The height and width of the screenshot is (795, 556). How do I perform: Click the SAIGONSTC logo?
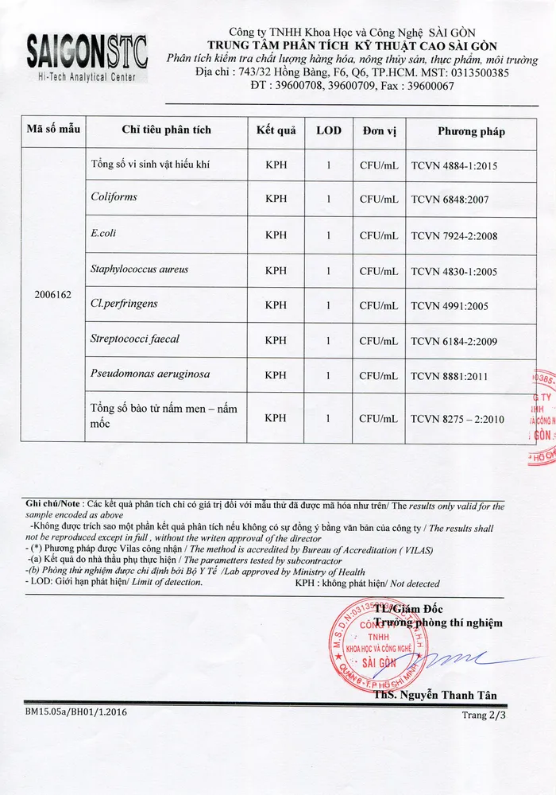(x=87, y=54)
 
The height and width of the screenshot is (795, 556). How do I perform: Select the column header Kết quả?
(x=276, y=130)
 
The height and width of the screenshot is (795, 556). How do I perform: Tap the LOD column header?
(x=329, y=130)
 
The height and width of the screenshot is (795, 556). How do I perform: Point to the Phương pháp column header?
(x=471, y=131)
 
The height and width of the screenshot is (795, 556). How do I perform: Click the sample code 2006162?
(x=54, y=295)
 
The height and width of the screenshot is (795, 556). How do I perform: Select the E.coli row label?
(x=104, y=234)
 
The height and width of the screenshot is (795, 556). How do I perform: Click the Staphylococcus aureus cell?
(x=140, y=270)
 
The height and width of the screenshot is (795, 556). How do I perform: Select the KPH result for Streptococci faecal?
(x=276, y=340)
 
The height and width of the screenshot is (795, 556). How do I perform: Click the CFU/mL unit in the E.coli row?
(x=379, y=235)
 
